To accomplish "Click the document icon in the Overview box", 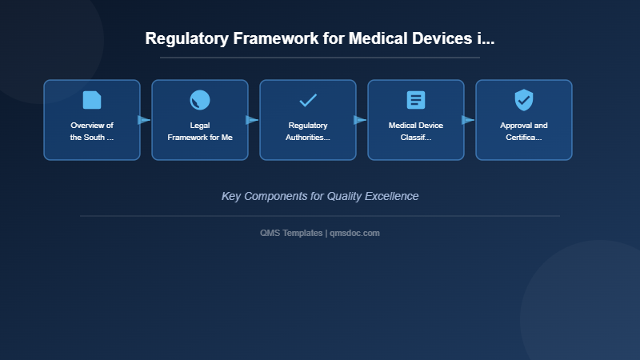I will point(92,100).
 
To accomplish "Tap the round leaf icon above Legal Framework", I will point(200,100).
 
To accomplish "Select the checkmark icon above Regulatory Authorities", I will point(308,100).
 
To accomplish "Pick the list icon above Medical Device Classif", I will point(416,100).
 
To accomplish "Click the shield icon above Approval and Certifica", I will point(524,100).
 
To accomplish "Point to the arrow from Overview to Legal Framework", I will point(144,120).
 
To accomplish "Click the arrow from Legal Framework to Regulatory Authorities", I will point(252,120).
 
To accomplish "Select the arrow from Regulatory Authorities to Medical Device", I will point(360,120).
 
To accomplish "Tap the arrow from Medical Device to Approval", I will point(468,120).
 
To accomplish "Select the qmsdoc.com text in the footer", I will point(355,233).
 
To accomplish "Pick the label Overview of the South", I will point(92,131).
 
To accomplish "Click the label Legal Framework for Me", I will point(200,131).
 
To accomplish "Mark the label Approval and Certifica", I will point(524,131).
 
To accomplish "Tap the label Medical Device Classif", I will point(416,131).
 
